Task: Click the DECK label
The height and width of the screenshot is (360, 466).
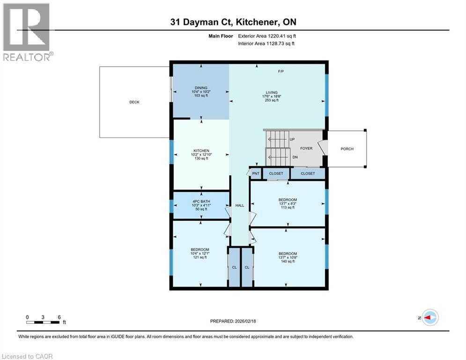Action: (x=134, y=102)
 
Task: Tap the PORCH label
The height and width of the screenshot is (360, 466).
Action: (x=347, y=149)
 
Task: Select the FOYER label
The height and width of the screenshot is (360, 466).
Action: (x=306, y=149)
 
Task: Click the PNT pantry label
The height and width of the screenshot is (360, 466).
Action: (x=256, y=173)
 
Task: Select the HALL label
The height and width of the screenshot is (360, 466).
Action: (x=240, y=205)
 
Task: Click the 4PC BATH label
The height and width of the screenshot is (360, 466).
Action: (x=201, y=204)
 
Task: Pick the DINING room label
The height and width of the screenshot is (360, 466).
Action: (x=201, y=88)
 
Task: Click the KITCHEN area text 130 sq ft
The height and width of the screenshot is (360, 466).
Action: (x=201, y=158)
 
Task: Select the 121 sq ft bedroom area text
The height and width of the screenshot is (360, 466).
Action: (x=200, y=258)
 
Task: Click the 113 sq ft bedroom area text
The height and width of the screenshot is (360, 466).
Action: (x=287, y=208)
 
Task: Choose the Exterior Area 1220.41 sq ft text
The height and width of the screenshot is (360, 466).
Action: (x=266, y=36)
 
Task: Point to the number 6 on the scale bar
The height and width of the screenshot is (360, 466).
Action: (x=59, y=317)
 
